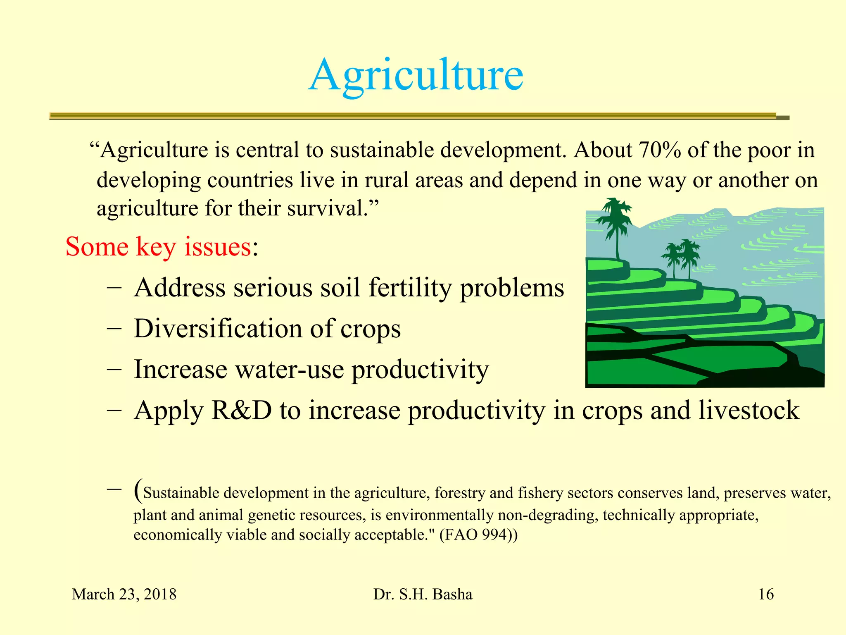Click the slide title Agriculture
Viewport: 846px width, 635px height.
tap(416, 75)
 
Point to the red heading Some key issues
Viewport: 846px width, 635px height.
tap(159, 247)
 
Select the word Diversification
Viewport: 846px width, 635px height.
tap(218, 329)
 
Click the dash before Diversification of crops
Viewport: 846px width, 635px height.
tap(114, 329)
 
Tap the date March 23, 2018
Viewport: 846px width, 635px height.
tap(124, 594)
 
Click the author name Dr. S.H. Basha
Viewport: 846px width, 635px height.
tap(423, 594)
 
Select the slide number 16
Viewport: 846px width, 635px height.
tap(766, 594)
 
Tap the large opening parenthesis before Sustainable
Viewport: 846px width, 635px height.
tap(138, 490)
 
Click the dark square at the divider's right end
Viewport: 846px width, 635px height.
tap(783, 118)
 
